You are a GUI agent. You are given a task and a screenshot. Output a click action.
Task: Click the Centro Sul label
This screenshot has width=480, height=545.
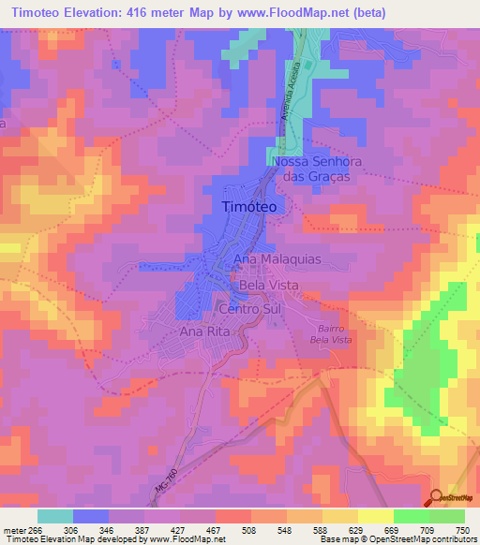(249, 308)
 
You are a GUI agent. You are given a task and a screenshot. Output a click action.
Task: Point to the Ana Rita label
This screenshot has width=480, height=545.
(204, 331)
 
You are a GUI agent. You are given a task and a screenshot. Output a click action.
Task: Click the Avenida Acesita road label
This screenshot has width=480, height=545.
(293, 95)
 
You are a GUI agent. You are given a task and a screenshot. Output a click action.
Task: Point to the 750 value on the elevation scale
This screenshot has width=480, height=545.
(462, 530)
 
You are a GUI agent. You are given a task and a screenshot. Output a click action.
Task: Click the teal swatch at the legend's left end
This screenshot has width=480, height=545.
(55, 516)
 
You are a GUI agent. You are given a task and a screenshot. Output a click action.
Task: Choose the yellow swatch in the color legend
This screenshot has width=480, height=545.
(375, 516)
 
